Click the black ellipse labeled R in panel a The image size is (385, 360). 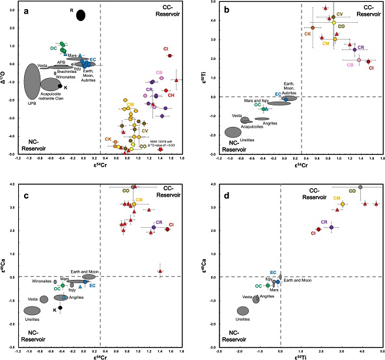80,15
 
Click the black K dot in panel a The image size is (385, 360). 60,86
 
